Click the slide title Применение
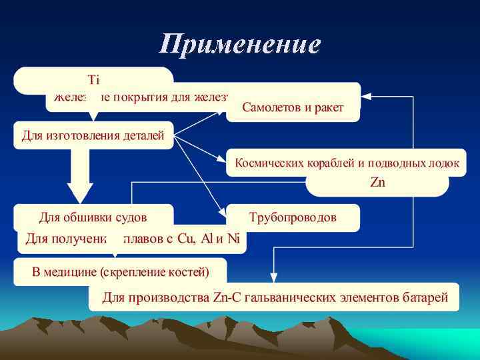[240, 45]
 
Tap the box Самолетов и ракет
[293, 107]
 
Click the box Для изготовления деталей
[93, 136]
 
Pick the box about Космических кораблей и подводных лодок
[347, 163]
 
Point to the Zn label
[377, 182]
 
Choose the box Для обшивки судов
[93, 217]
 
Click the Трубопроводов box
[293, 217]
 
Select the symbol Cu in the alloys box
[186, 239]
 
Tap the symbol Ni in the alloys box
[233, 239]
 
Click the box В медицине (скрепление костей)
[121, 271]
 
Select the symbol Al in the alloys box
[207, 239]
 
